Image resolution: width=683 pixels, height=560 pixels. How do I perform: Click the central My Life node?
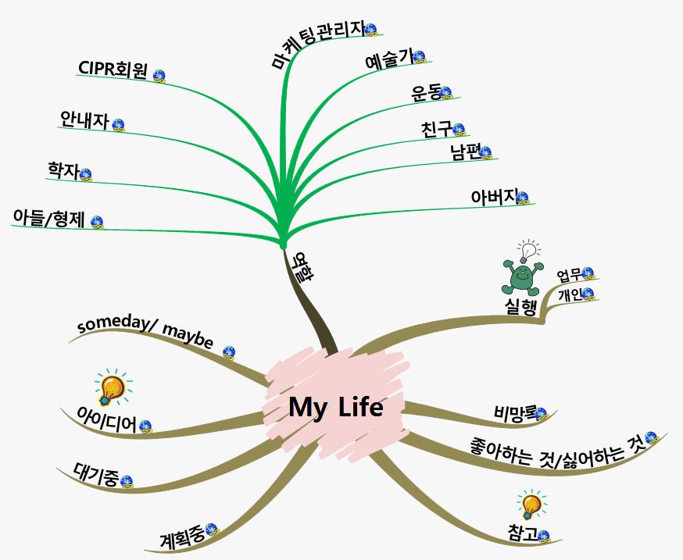click(335, 407)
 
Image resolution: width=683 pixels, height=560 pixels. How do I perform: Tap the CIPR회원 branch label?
click(113, 69)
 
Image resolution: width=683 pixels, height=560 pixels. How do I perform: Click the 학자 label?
click(63, 169)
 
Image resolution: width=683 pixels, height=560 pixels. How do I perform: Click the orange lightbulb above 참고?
click(531, 505)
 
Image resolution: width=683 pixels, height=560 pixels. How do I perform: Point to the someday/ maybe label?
click(146, 333)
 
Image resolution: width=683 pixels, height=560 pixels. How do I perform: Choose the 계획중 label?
click(181, 537)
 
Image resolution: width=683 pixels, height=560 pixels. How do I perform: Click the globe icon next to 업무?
click(588, 273)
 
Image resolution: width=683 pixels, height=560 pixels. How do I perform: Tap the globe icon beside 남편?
click(485, 152)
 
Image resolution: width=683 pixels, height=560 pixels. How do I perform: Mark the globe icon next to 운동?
click(446, 93)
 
